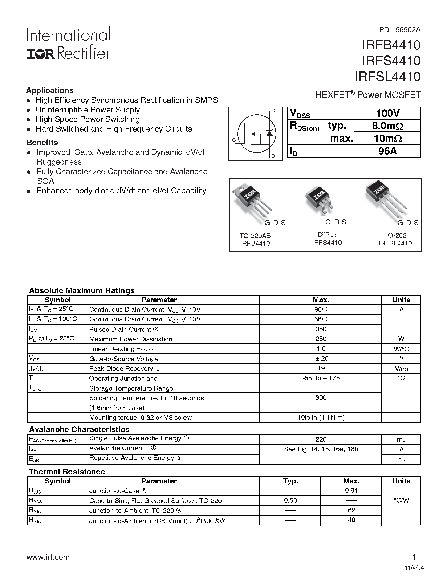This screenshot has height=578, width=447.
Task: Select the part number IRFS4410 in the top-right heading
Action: pos(391,61)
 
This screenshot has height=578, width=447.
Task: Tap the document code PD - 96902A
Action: pos(400,30)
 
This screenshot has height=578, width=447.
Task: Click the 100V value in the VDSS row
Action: pos(387,113)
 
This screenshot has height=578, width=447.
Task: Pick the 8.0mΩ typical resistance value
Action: pos(387,126)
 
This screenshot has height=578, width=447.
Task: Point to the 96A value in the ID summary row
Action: pos(387,151)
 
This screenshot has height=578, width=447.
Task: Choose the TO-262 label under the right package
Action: pos(395,235)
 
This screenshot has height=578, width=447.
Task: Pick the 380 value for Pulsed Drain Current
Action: pos(321,329)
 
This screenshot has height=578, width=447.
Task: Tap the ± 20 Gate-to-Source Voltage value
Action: pos(321,358)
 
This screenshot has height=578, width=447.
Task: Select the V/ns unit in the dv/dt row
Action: pos(401,369)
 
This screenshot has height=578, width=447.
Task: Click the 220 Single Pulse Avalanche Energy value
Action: pos(321,439)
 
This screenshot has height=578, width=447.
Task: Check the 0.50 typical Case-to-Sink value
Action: pos(290,500)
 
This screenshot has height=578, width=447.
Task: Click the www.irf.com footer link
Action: pos(48,557)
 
